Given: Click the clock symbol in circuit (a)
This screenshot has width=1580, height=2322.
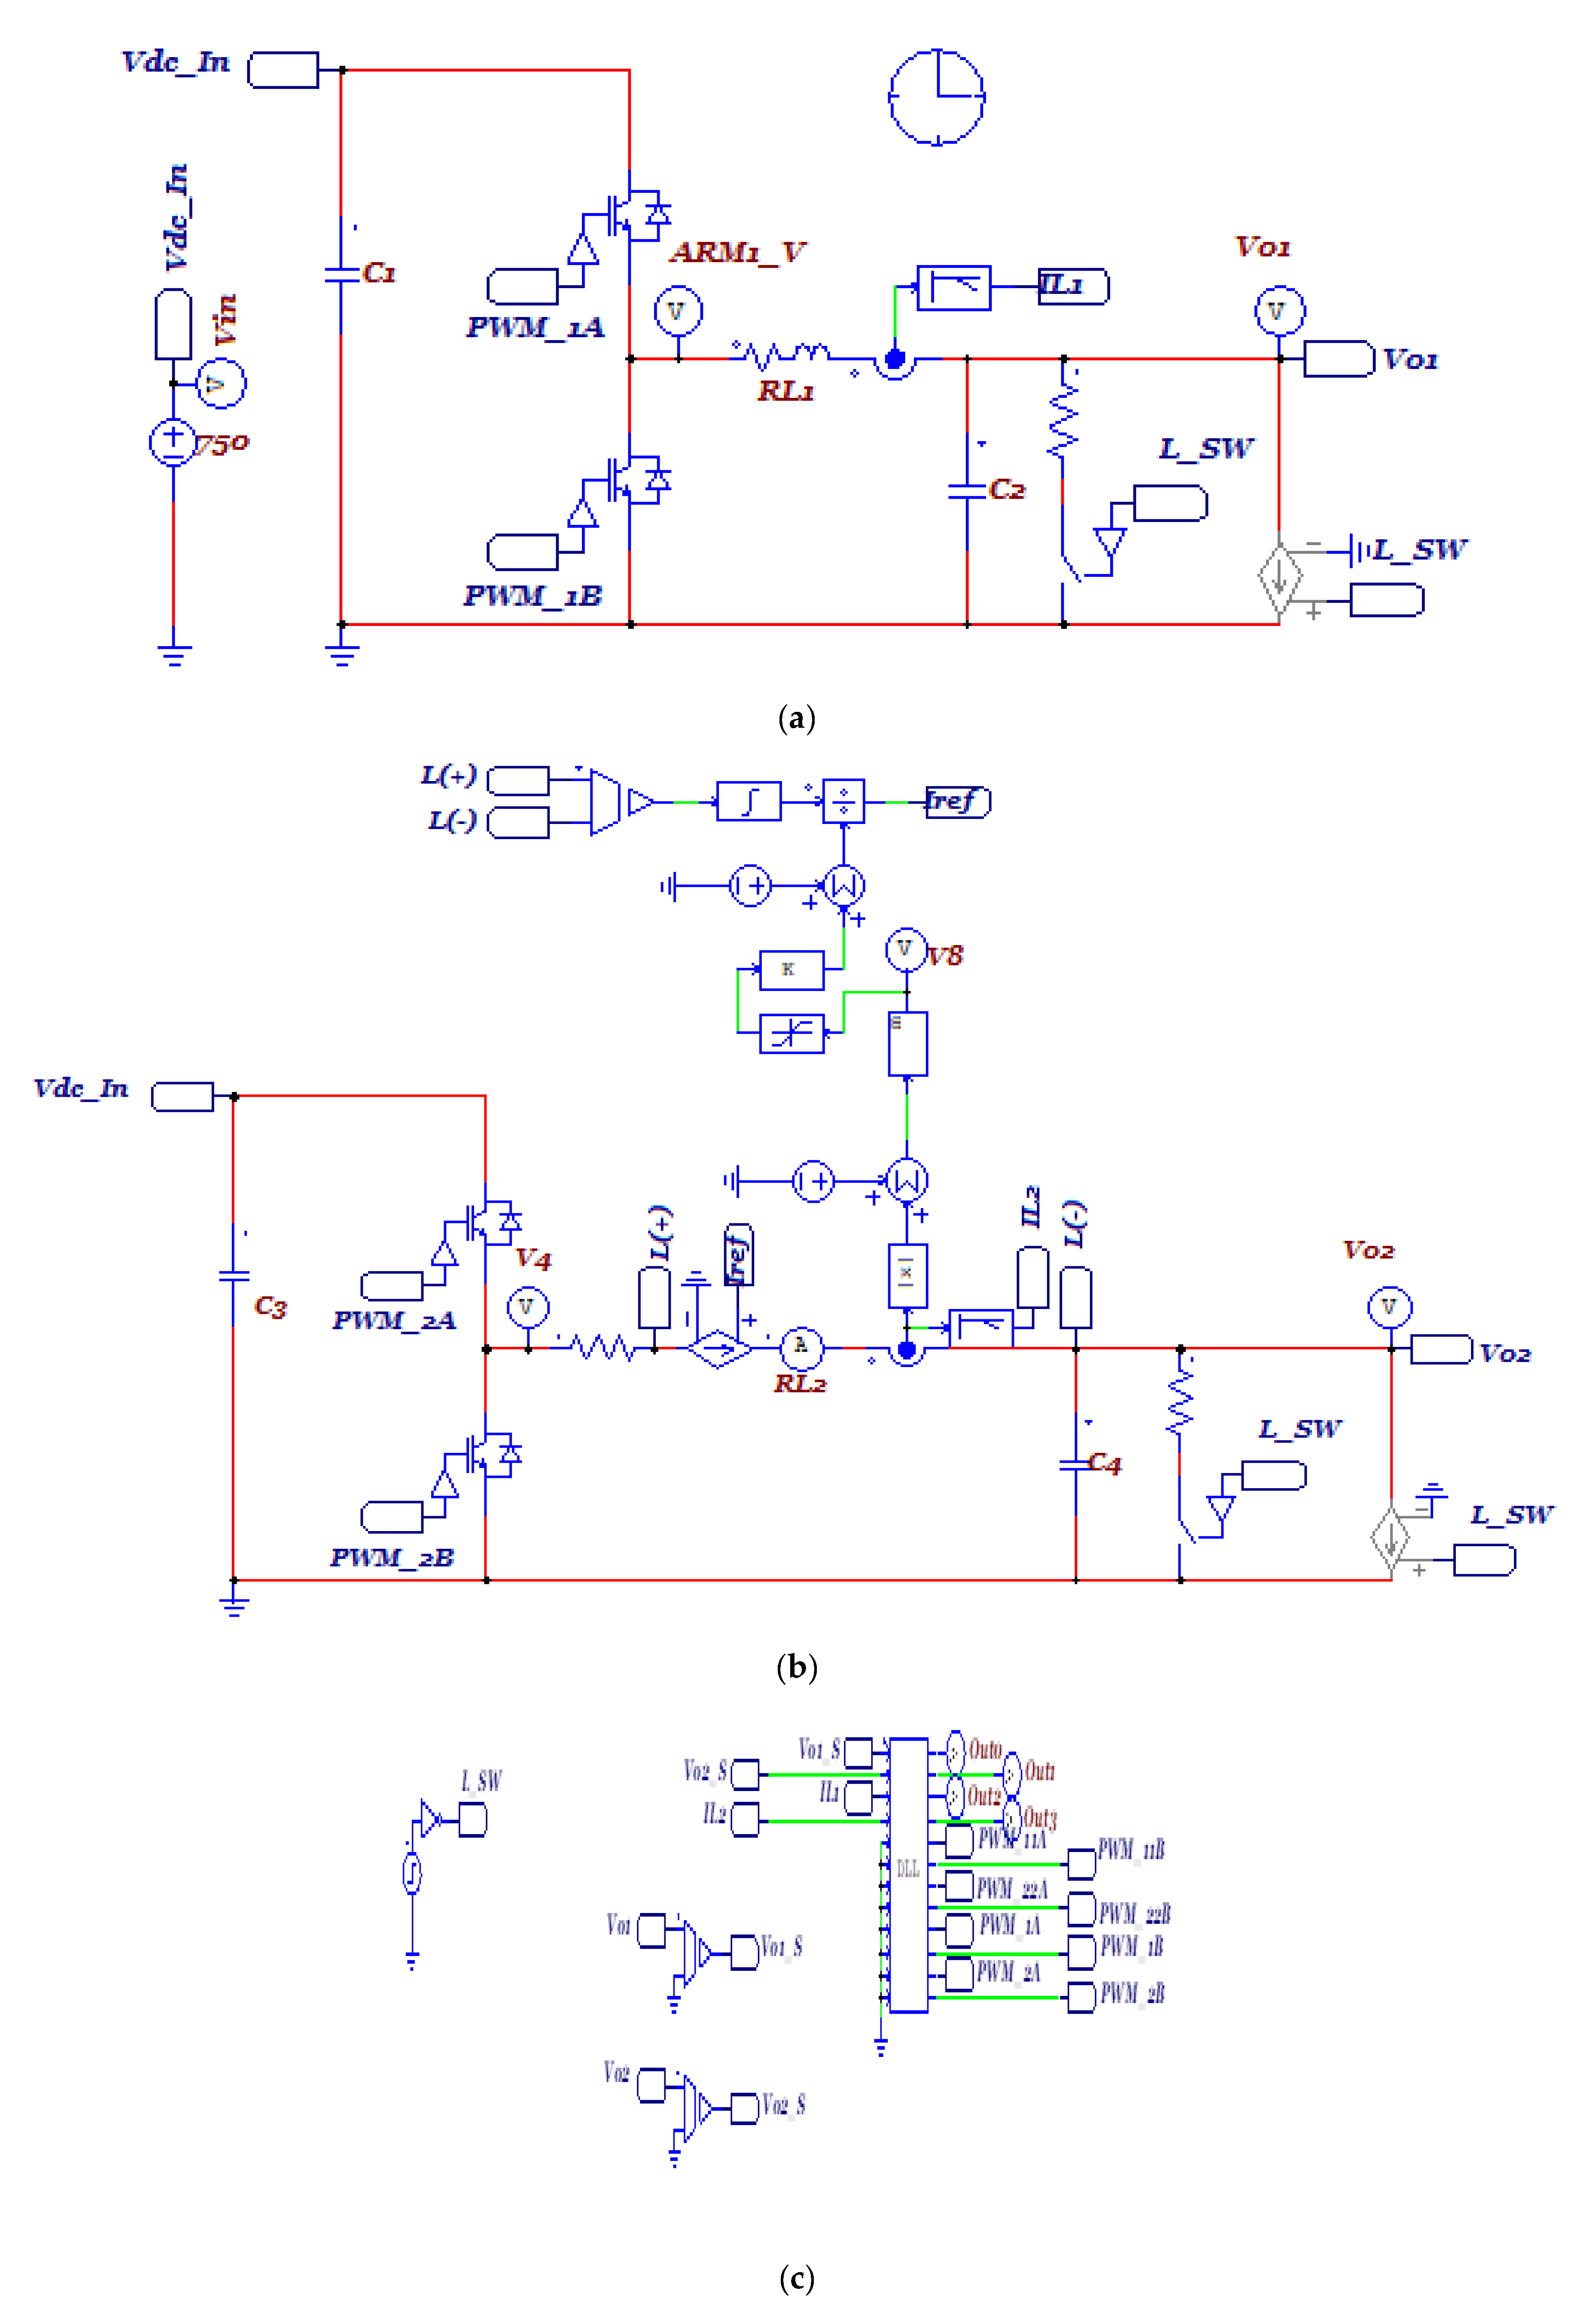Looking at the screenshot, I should tap(937, 97).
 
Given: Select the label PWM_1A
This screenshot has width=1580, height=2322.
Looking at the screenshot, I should tap(535, 328).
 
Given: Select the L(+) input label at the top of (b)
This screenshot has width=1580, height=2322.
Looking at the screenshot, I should tap(448, 775).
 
